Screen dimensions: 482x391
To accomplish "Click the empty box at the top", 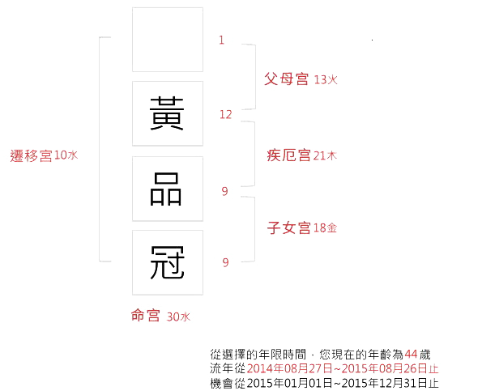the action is click(168, 40).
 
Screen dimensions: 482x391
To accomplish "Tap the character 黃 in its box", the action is click(167, 113).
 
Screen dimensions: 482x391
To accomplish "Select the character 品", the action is click(166, 189).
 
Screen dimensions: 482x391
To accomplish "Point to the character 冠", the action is click(167, 262).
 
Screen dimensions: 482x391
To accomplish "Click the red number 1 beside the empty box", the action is click(221, 40).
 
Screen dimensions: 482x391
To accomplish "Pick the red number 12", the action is click(226, 115).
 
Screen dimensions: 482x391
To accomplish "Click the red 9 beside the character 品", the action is click(224, 191).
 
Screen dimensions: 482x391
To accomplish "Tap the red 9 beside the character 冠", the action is click(225, 262).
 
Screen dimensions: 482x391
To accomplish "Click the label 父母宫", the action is click(287, 79).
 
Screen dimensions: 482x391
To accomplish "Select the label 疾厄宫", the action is click(288, 155).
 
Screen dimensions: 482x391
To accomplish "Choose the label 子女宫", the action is click(289, 227).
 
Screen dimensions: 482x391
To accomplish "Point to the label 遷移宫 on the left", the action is click(31, 155).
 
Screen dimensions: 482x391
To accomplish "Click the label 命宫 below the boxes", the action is click(145, 315).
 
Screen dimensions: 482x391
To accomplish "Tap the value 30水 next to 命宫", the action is click(178, 317).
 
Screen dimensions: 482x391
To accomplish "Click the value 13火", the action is click(326, 80).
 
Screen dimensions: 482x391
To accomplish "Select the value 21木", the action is click(325, 155).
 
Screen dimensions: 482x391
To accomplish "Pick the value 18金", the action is click(325, 228).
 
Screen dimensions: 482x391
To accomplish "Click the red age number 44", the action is click(411, 355).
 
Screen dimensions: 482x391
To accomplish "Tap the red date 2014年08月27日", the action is click(289, 368).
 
